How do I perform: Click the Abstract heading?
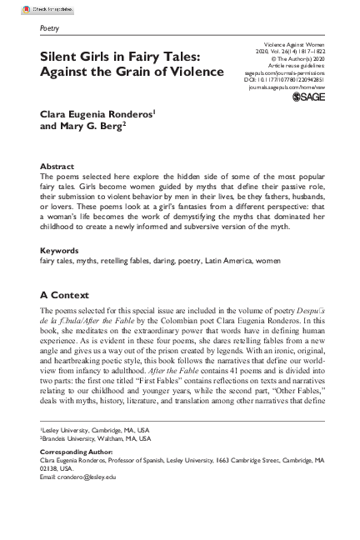click(57, 167)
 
